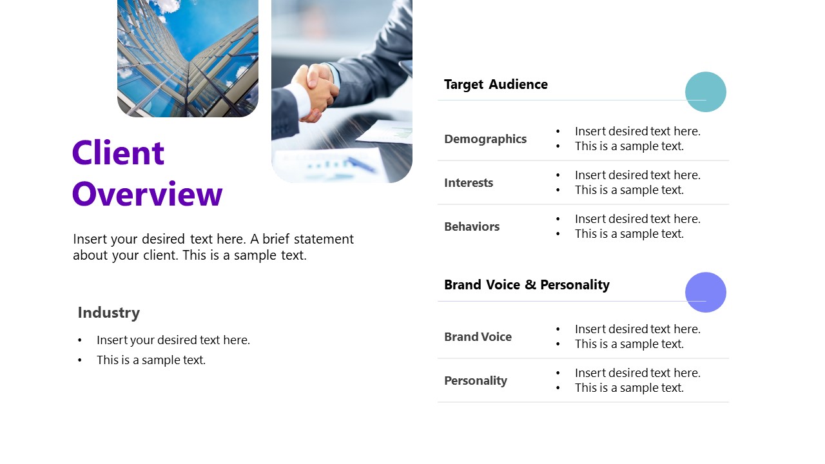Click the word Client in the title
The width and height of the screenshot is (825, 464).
point(119,153)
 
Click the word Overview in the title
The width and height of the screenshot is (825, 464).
point(148,194)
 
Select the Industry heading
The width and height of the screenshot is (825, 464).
point(108,313)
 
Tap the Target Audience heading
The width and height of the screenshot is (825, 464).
point(496,84)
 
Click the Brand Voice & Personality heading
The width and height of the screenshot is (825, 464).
point(527,285)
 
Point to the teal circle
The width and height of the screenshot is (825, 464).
point(705,92)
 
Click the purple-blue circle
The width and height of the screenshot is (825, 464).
point(705,292)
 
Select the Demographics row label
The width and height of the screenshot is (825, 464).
point(485,139)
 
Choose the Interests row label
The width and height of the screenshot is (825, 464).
point(469,183)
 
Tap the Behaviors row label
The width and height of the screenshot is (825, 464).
point(472,227)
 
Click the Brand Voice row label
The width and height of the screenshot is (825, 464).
point(478,337)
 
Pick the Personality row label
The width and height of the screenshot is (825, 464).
point(476,381)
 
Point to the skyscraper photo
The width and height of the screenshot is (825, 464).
point(188,58)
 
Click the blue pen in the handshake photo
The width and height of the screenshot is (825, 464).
point(361,164)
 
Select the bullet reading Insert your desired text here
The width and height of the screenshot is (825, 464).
point(173,340)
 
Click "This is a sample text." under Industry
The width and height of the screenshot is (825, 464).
point(151,360)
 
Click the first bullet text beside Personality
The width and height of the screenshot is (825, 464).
point(637,373)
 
